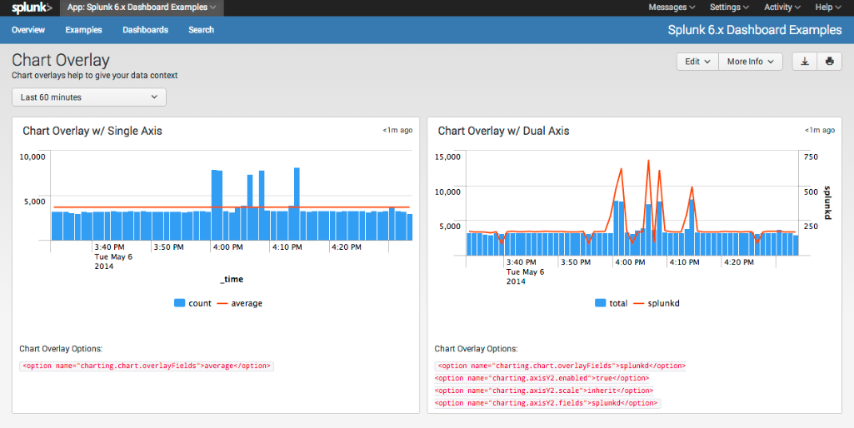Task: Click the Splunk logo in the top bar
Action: pyautogui.click(x=32, y=7)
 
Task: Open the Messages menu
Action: pyautogui.click(x=672, y=7)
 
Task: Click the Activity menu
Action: pyautogui.click(x=782, y=7)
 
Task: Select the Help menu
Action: pyautogui.click(x=827, y=7)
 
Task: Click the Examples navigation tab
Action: pyautogui.click(x=83, y=30)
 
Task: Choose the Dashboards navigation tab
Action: pyautogui.click(x=145, y=30)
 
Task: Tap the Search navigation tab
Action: pyautogui.click(x=201, y=30)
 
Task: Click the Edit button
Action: pyautogui.click(x=697, y=62)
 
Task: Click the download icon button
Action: pyautogui.click(x=805, y=62)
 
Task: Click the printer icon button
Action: pyautogui.click(x=829, y=62)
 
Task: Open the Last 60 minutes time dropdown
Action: pyautogui.click(x=89, y=97)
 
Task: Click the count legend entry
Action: pyautogui.click(x=193, y=303)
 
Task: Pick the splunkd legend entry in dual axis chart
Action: pyautogui.click(x=657, y=303)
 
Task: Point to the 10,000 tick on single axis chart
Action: pyautogui.click(x=32, y=157)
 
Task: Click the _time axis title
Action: pyautogui.click(x=231, y=279)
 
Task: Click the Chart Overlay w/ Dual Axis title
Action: pyautogui.click(x=503, y=131)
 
